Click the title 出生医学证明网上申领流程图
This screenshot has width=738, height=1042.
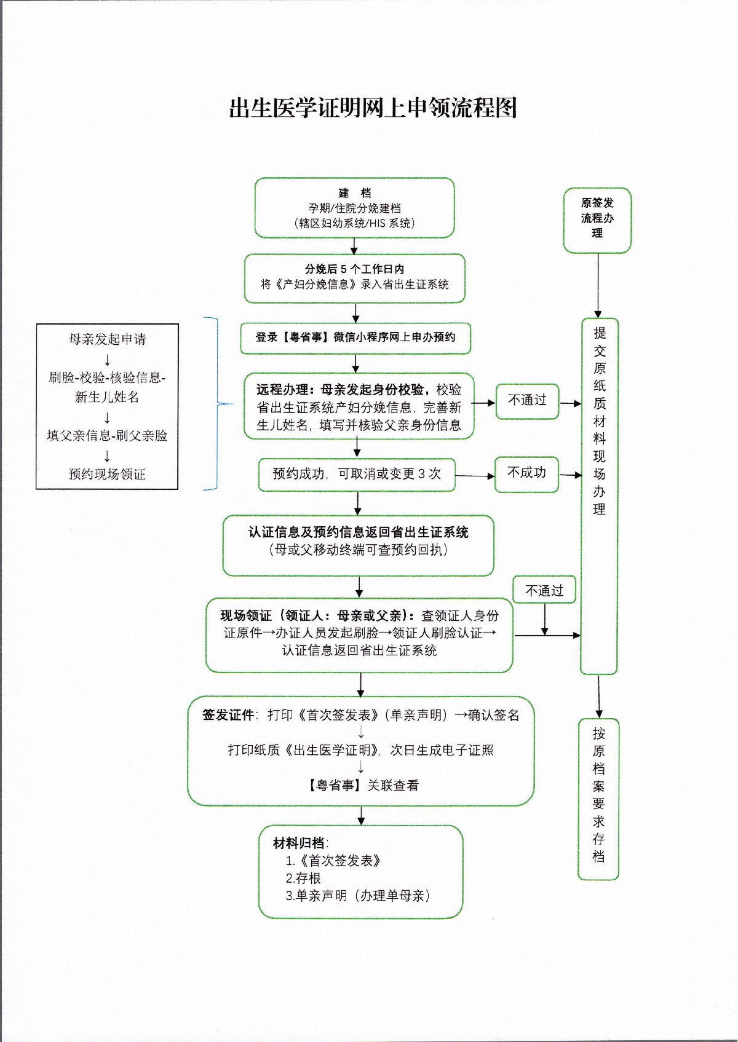point(372,108)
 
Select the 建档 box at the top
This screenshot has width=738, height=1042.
point(354,208)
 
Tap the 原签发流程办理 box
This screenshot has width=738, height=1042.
point(597,219)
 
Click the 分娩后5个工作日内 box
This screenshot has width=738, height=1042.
point(354,277)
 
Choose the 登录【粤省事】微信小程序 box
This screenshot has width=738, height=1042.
point(355,337)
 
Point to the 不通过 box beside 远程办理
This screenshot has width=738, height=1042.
point(527,400)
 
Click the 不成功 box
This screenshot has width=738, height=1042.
point(526,473)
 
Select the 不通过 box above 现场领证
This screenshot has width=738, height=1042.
point(544,591)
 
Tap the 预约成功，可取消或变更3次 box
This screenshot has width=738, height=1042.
point(357,474)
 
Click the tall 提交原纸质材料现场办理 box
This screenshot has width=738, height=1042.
point(599,495)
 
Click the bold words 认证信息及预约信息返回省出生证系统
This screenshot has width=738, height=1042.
point(358,532)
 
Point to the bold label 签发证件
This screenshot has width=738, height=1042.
point(228,715)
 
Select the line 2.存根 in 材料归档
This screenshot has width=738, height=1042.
point(303,878)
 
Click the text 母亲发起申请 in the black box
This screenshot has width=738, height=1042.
point(107,339)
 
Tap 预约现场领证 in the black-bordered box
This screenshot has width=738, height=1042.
point(107,475)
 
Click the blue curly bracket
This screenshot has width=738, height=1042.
point(216,404)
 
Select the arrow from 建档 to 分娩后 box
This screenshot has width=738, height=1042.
point(354,246)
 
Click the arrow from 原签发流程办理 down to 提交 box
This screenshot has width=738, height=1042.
point(598,285)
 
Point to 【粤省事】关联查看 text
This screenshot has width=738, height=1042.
point(363,785)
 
